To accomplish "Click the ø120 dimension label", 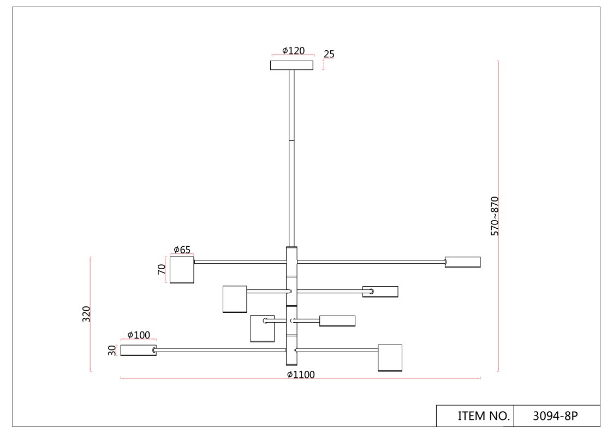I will tap(293, 51).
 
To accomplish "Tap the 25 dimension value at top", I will tap(329, 54).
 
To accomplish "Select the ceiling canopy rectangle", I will tap(291, 66).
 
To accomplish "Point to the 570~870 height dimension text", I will tap(495, 216).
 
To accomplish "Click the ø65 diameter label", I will tap(182, 250).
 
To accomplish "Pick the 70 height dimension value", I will tap(162, 269).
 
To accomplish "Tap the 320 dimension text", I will tap(86, 314).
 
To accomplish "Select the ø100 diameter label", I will tap(138, 335).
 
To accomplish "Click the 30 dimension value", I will tap(112, 351).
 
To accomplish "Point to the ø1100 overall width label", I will tap(301, 375).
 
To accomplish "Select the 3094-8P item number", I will tap(555, 416).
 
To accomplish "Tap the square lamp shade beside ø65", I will tap(182, 270).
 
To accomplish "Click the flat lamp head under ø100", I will tap(138, 351).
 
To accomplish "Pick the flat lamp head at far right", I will tap(463, 262).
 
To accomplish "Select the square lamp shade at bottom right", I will tap(390, 358).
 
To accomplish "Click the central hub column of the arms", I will tap(291, 306).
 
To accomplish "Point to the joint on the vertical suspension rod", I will tap(291, 141).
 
